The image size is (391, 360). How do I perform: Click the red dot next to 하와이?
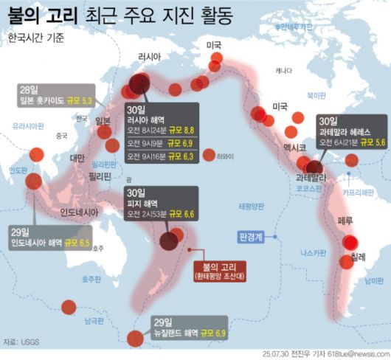[209, 155]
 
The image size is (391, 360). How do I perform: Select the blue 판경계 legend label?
[252, 238]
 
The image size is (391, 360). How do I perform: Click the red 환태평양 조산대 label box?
[219, 271]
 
